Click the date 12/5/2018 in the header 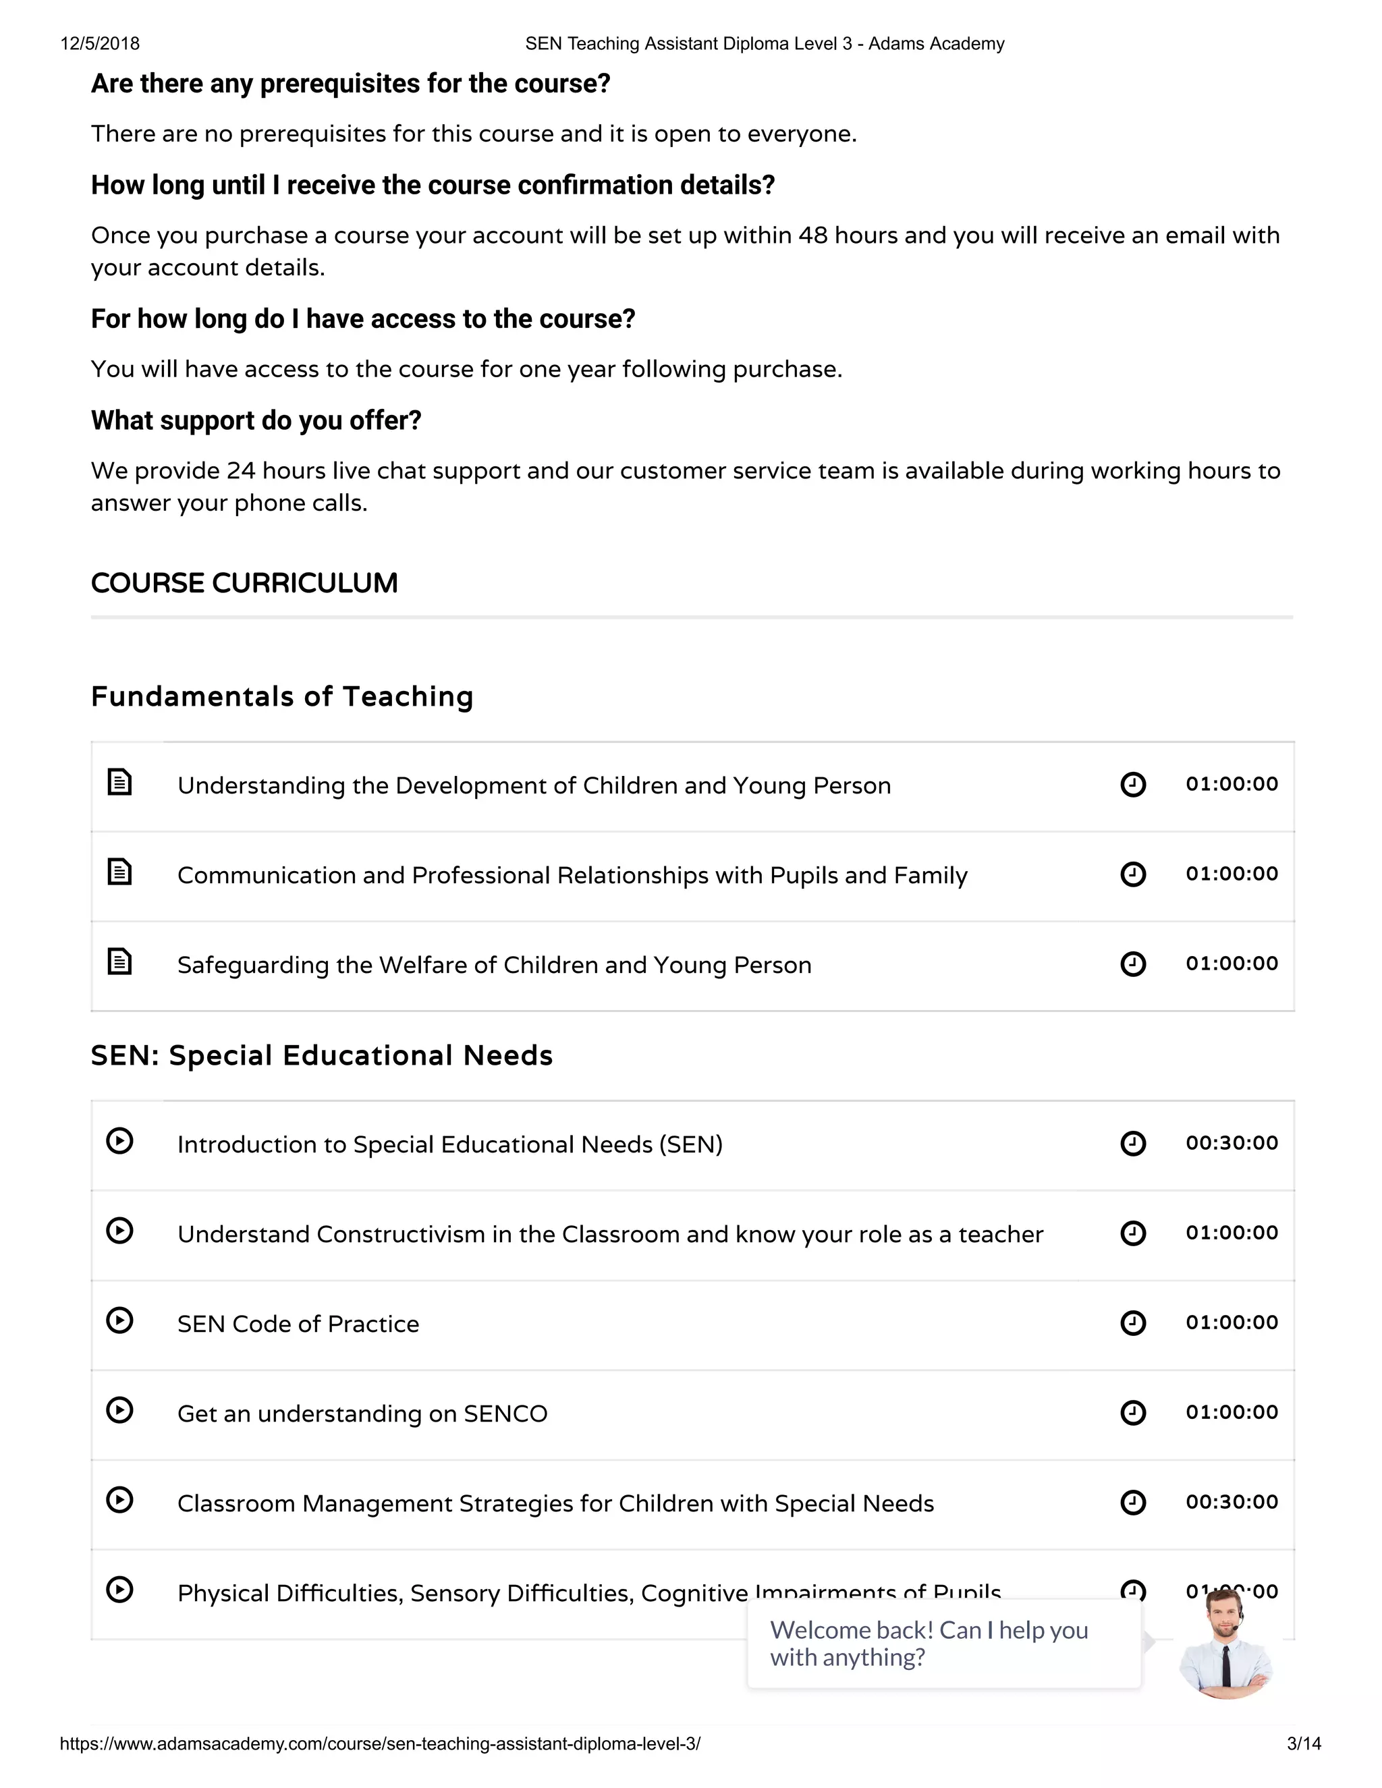tap(100, 43)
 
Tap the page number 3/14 tap(1304, 1743)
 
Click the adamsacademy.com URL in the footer tap(380, 1743)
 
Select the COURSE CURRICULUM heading tap(244, 583)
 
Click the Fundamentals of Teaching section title tap(281, 697)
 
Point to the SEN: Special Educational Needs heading tap(321, 1055)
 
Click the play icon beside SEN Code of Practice tap(119, 1320)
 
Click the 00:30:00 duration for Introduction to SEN tap(1232, 1143)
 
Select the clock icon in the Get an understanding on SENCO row tap(1133, 1413)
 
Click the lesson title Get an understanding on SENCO tap(362, 1414)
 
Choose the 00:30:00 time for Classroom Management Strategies tap(1232, 1503)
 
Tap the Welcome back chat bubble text tap(929, 1643)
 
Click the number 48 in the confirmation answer tap(813, 235)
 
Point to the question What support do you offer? tap(256, 421)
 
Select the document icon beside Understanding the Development tap(119, 782)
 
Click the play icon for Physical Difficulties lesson tap(119, 1590)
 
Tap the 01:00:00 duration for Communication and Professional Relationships tap(1232, 874)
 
